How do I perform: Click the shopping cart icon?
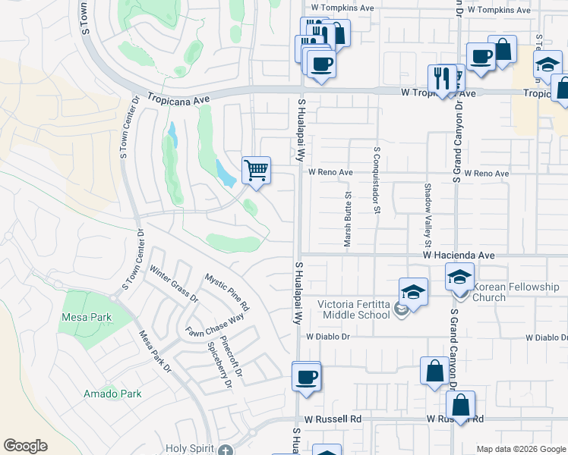click(x=257, y=169)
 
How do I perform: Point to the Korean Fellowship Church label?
click(x=516, y=292)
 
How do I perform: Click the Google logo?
click(x=25, y=446)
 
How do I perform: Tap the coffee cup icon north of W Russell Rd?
click(x=306, y=376)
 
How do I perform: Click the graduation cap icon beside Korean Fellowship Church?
click(x=460, y=278)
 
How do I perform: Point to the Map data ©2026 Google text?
click(x=520, y=449)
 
